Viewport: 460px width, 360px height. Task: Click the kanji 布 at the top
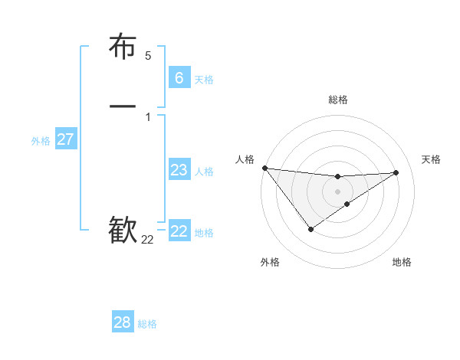[123, 47]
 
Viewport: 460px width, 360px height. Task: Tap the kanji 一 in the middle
[123, 106]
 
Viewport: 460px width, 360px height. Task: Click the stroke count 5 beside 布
[148, 56]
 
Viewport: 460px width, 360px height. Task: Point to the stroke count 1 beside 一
[148, 116]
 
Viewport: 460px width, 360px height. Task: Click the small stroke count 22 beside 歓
[147, 240]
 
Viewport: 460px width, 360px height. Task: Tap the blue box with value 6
[179, 77]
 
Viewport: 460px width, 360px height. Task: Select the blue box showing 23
[179, 170]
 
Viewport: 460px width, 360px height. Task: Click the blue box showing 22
[179, 231]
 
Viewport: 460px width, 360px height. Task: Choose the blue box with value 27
[66, 139]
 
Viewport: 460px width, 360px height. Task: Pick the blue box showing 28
[123, 322]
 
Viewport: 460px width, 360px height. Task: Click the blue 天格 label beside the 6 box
[204, 79]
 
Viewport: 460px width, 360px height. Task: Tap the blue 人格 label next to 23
[204, 172]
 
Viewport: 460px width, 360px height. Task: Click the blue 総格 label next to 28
[147, 324]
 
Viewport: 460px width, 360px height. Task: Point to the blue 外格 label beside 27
[41, 141]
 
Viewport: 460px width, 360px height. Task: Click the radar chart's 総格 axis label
[338, 100]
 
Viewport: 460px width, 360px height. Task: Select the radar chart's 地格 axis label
[402, 262]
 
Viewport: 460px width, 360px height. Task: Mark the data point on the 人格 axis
[264, 168]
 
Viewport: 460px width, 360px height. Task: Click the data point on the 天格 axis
[396, 172]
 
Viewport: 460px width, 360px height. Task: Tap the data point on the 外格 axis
[310, 229]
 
